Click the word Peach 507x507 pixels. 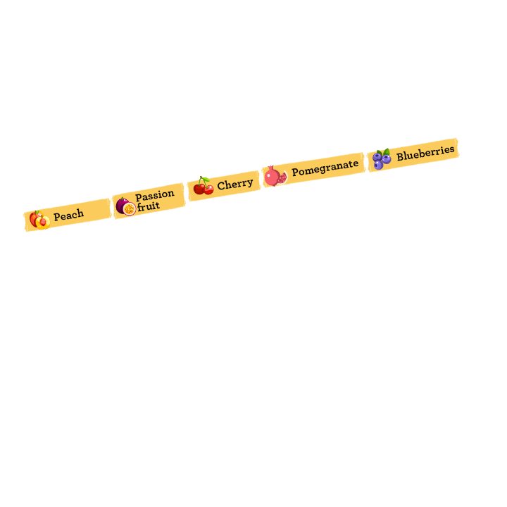point(68,215)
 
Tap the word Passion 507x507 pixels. point(155,195)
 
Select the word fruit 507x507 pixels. point(149,206)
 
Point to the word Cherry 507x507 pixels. point(235,184)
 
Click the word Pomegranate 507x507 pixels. point(325,168)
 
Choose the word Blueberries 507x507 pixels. point(425,154)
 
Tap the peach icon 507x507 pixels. point(39,220)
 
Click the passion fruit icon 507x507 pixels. point(126,206)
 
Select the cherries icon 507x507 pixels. point(204,186)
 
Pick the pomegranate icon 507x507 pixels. point(275,176)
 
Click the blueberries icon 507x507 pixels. point(382,158)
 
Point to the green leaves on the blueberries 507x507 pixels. point(384,152)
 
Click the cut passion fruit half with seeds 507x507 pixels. point(130,209)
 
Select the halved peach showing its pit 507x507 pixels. point(43,223)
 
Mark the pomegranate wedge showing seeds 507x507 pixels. point(282,178)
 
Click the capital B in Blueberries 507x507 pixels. point(400,156)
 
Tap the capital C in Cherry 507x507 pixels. point(221,186)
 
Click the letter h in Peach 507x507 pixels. point(80,213)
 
